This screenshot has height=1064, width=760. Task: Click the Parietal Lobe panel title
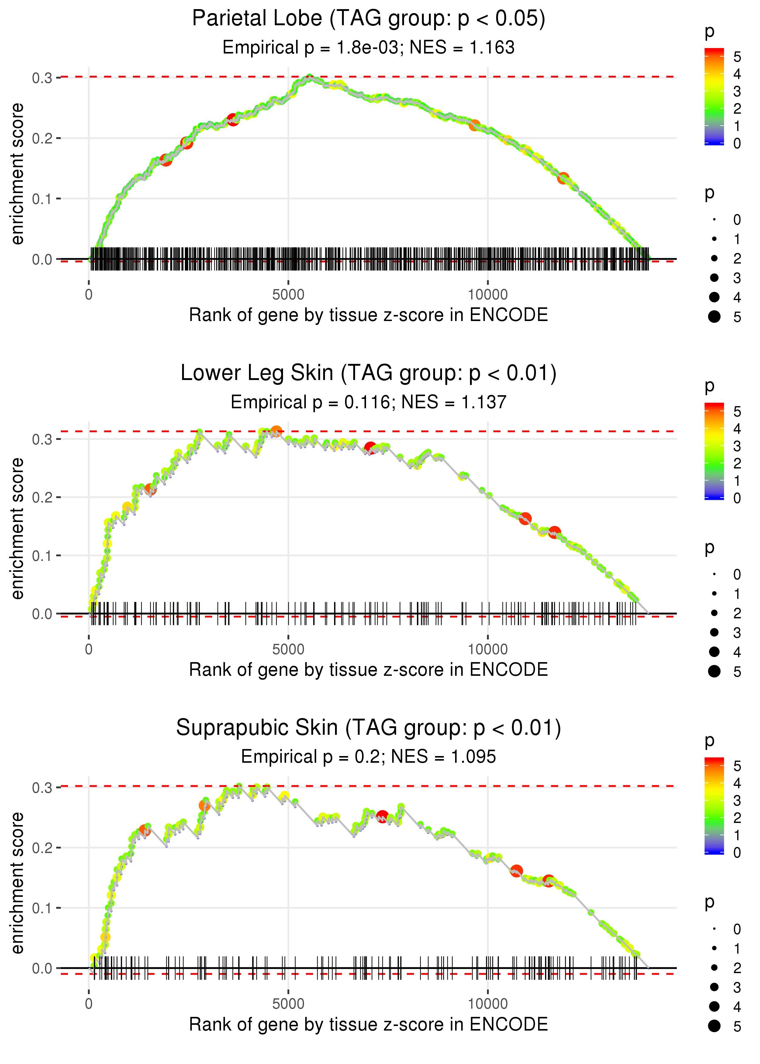[368, 19]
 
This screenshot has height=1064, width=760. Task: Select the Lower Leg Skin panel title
[368, 373]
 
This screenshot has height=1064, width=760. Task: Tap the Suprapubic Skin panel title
[368, 728]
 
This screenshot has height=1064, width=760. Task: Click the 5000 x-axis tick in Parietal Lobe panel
[288, 295]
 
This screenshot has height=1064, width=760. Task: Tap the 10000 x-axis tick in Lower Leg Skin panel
[488, 649]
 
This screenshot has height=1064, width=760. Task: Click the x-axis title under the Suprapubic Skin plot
[368, 1025]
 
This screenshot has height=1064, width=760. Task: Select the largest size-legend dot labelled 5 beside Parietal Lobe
[714, 317]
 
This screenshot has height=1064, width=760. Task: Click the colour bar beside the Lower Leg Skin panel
[714, 451]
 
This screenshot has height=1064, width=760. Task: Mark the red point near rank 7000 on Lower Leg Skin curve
[370, 448]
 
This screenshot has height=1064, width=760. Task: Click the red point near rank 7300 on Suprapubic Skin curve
[382, 817]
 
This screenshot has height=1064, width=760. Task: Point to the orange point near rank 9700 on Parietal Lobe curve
[475, 125]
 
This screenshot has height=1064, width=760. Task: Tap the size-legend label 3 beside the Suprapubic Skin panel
[737, 987]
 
